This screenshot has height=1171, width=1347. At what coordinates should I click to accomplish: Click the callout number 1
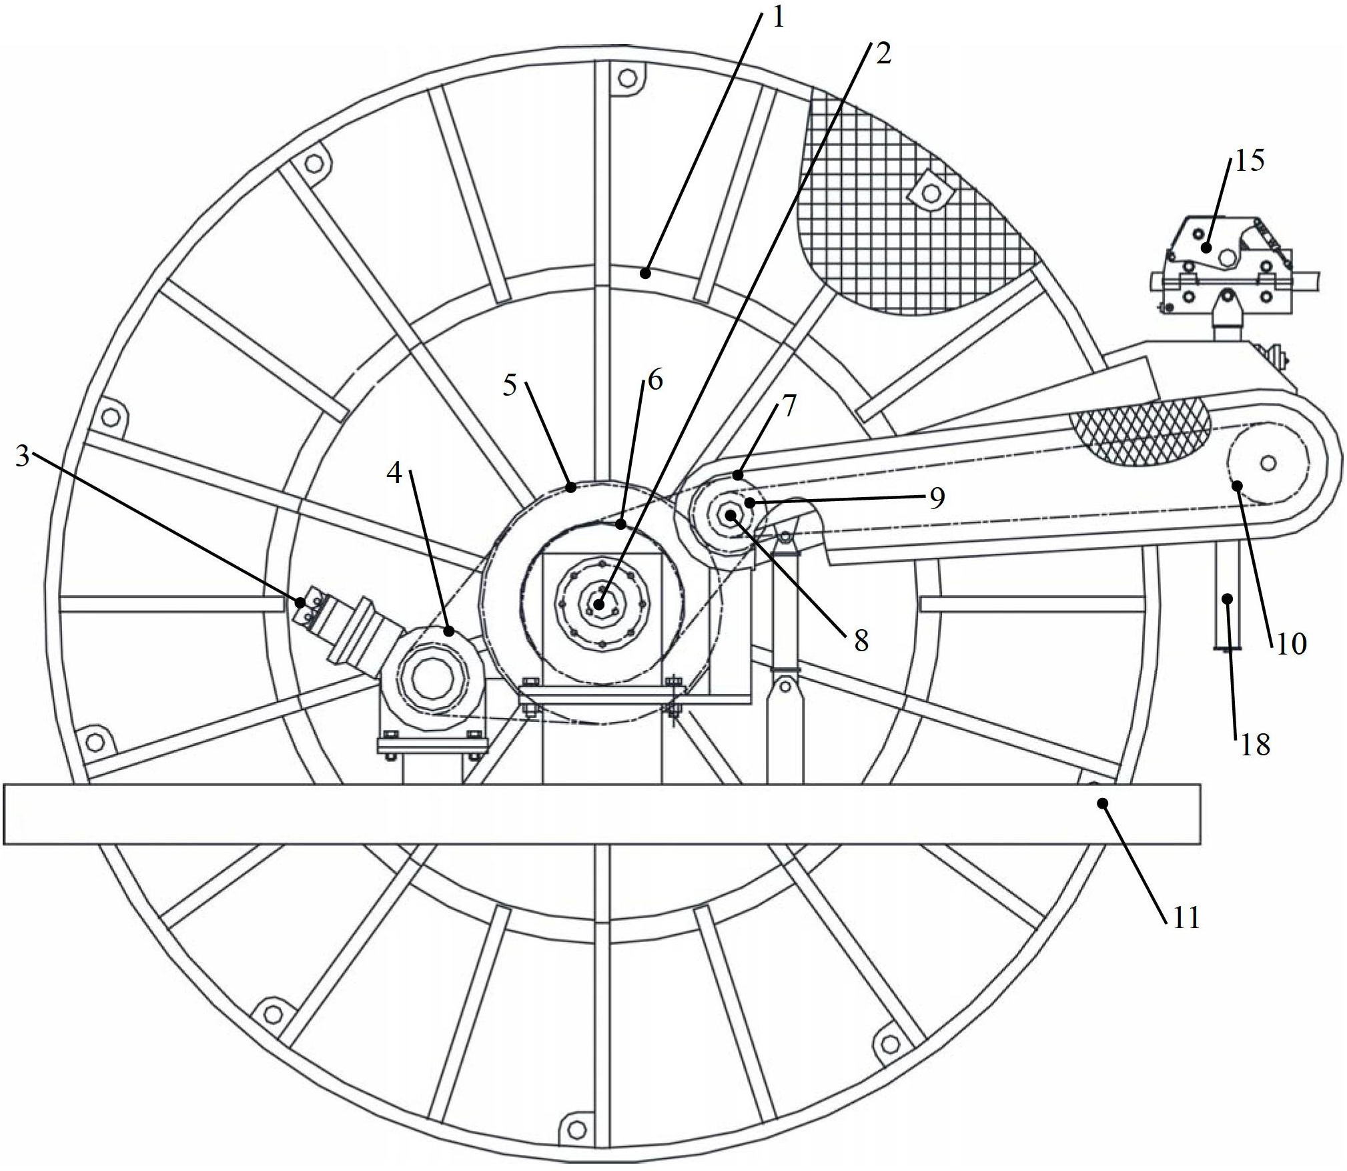778,17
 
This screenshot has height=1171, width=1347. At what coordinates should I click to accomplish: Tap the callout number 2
882,54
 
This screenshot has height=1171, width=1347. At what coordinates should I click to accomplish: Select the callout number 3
23,458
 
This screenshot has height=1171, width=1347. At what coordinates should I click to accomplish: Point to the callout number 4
394,474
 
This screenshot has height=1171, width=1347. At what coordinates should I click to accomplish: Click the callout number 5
510,385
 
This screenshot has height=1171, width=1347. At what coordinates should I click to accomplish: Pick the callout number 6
654,380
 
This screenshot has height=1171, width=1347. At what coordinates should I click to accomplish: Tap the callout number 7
789,406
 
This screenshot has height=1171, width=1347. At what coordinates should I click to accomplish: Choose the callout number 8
861,641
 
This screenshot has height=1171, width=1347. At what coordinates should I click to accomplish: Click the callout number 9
937,498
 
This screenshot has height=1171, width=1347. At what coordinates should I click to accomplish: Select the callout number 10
1291,644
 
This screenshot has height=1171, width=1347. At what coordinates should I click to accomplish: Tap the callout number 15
1249,161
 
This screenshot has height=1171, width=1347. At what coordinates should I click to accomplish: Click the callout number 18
1255,745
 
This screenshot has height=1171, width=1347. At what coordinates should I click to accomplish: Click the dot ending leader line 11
1103,803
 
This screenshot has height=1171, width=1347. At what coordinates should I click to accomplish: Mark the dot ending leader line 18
1227,598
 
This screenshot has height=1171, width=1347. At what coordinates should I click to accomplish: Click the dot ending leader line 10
1237,485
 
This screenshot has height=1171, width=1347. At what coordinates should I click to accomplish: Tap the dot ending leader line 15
1206,248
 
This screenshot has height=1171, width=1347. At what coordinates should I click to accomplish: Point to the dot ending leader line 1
644,272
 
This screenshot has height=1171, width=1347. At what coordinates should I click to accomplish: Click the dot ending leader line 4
448,631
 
